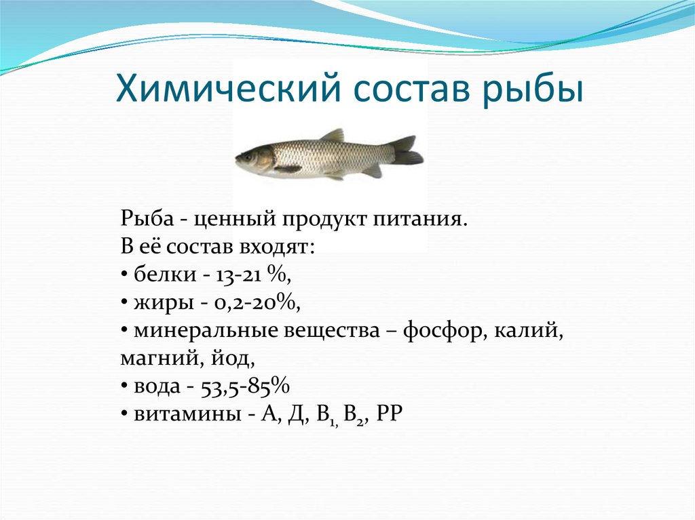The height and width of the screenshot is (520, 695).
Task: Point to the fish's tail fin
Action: pyautogui.click(x=407, y=151)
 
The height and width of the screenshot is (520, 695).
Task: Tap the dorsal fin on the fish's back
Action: pyautogui.click(x=332, y=136)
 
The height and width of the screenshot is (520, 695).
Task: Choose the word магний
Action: pyautogui.click(x=154, y=357)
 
